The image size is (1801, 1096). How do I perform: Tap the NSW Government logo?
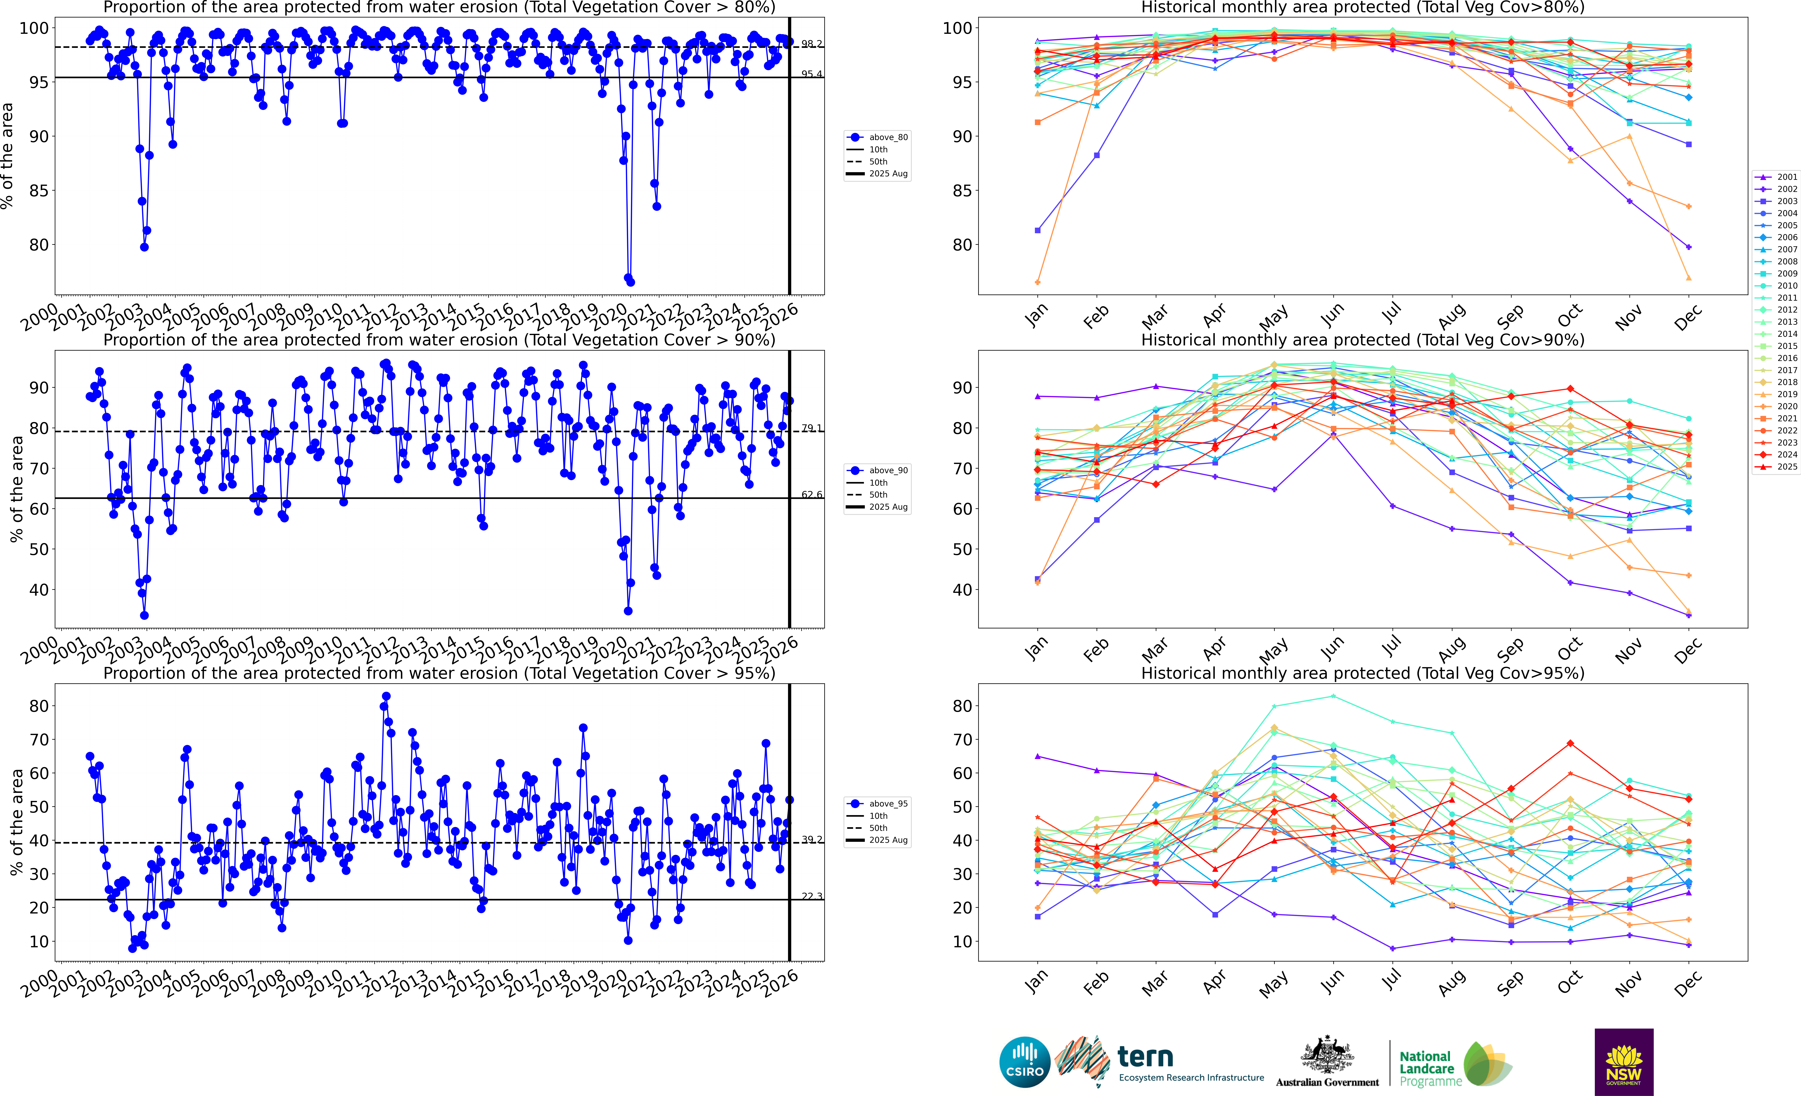click(1623, 1062)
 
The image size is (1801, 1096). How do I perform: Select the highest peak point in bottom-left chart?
click(386, 696)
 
